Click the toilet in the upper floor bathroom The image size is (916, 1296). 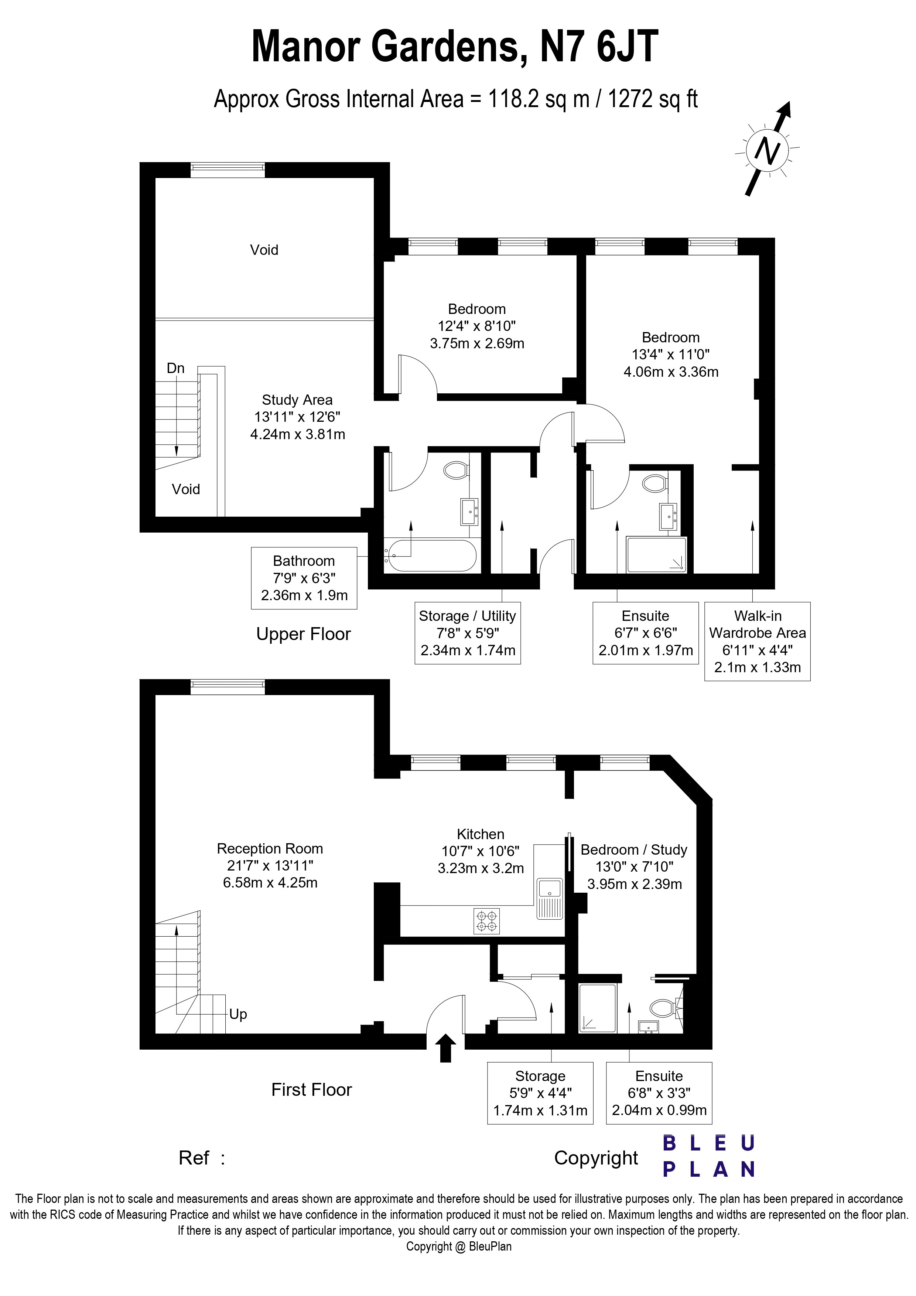coord(456,470)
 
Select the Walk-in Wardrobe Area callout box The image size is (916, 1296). coord(758,641)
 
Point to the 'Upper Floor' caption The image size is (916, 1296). coord(304,635)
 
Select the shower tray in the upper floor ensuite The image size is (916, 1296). coord(656,555)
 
